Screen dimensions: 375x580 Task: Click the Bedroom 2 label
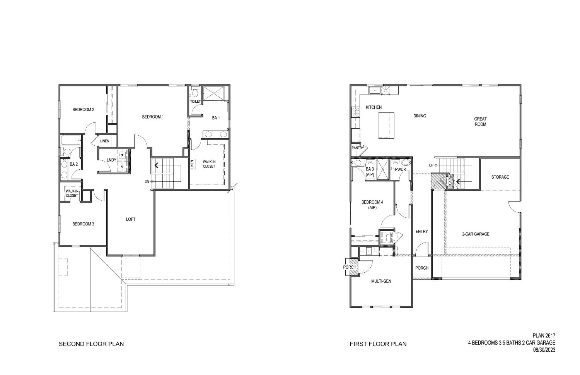pyautogui.click(x=83, y=110)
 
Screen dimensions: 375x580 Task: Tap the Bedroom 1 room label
pyautogui.click(x=153, y=117)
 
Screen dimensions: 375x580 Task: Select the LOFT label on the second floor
pyautogui.click(x=131, y=219)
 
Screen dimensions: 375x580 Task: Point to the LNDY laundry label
pyautogui.click(x=111, y=160)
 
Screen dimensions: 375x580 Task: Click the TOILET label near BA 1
pyautogui.click(x=195, y=101)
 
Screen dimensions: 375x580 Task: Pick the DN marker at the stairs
pyautogui.click(x=147, y=181)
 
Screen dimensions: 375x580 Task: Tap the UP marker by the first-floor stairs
pyautogui.click(x=431, y=165)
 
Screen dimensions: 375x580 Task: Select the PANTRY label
pyautogui.click(x=358, y=148)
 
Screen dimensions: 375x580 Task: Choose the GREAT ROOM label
pyautogui.click(x=481, y=122)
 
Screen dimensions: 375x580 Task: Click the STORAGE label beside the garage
pyautogui.click(x=500, y=177)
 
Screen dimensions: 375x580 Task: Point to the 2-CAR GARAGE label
pyautogui.click(x=476, y=234)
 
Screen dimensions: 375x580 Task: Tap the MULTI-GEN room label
pyautogui.click(x=381, y=281)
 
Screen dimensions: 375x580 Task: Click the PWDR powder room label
pyautogui.click(x=401, y=169)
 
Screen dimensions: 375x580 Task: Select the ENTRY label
pyautogui.click(x=421, y=232)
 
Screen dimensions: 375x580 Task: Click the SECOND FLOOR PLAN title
pyautogui.click(x=91, y=344)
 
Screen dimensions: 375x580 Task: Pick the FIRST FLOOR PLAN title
pyautogui.click(x=378, y=344)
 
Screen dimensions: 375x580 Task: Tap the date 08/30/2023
pyautogui.click(x=544, y=350)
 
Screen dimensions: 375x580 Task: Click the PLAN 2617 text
pyautogui.click(x=544, y=336)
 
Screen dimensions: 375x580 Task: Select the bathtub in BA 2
pyautogui.click(x=71, y=140)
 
